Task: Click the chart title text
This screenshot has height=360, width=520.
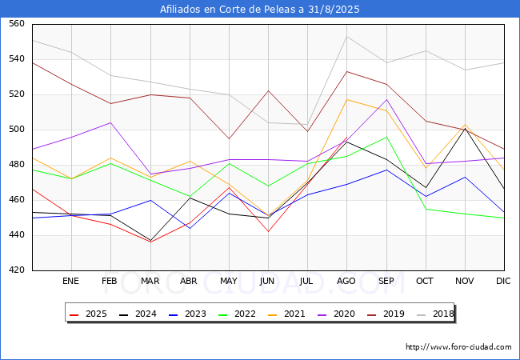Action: pyautogui.click(x=260, y=10)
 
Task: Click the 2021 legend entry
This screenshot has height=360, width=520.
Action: pyautogui.click(x=284, y=314)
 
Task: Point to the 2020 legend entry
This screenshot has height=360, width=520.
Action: pyautogui.click(x=333, y=314)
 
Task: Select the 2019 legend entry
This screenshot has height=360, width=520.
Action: pyautogui.click(x=382, y=314)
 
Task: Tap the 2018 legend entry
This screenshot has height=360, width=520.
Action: pyautogui.click(x=430, y=314)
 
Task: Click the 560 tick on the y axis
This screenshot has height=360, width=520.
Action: pyautogui.click(x=16, y=24)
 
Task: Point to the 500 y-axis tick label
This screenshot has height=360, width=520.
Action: pyautogui.click(x=16, y=130)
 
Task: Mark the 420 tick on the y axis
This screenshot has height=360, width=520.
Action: pyautogui.click(x=16, y=270)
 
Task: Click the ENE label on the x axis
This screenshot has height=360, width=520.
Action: pyautogui.click(x=71, y=282)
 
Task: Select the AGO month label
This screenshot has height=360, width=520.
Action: pyautogui.click(x=346, y=282)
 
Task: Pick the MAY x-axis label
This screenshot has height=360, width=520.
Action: pyautogui.click(x=229, y=282)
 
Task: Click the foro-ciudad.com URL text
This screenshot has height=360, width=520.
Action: pyautogui.click(x=458, y=347)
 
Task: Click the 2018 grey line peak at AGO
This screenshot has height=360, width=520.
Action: pyautogui.click(x=346, y=36)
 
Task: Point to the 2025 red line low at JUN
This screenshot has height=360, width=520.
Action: pyautogui.click(x=268, y=232)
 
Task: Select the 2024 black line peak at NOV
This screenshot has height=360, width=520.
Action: pyautogui.click(x=465, y=128)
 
